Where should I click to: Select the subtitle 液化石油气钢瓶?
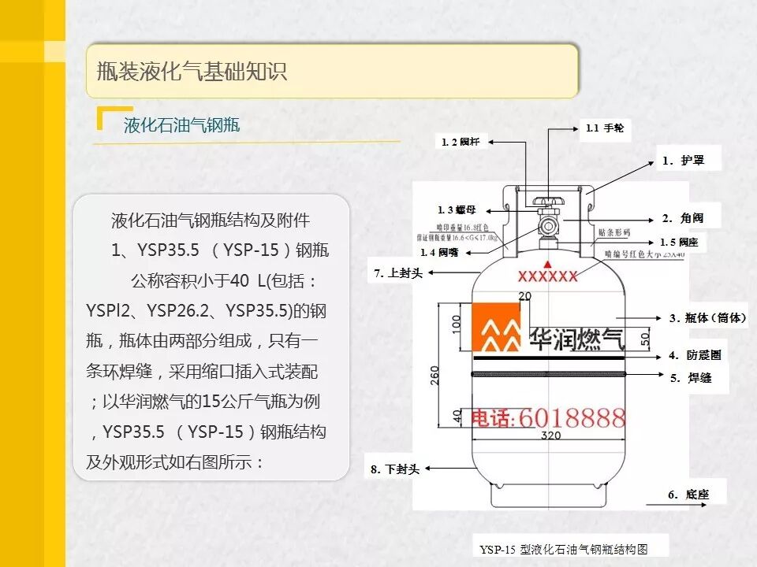point(181,126)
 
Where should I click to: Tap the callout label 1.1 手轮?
point(605,128)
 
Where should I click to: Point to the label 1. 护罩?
point(682,160)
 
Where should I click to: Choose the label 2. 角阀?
point(682,218)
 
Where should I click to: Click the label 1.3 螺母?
point(457,209)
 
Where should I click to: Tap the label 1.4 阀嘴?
point(439,252)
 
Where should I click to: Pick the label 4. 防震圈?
point(695,355)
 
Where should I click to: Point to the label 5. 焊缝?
point(691,378)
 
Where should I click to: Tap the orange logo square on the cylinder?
point(497,327)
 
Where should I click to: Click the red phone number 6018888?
point(572,417)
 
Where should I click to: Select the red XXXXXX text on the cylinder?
point(547,276)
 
